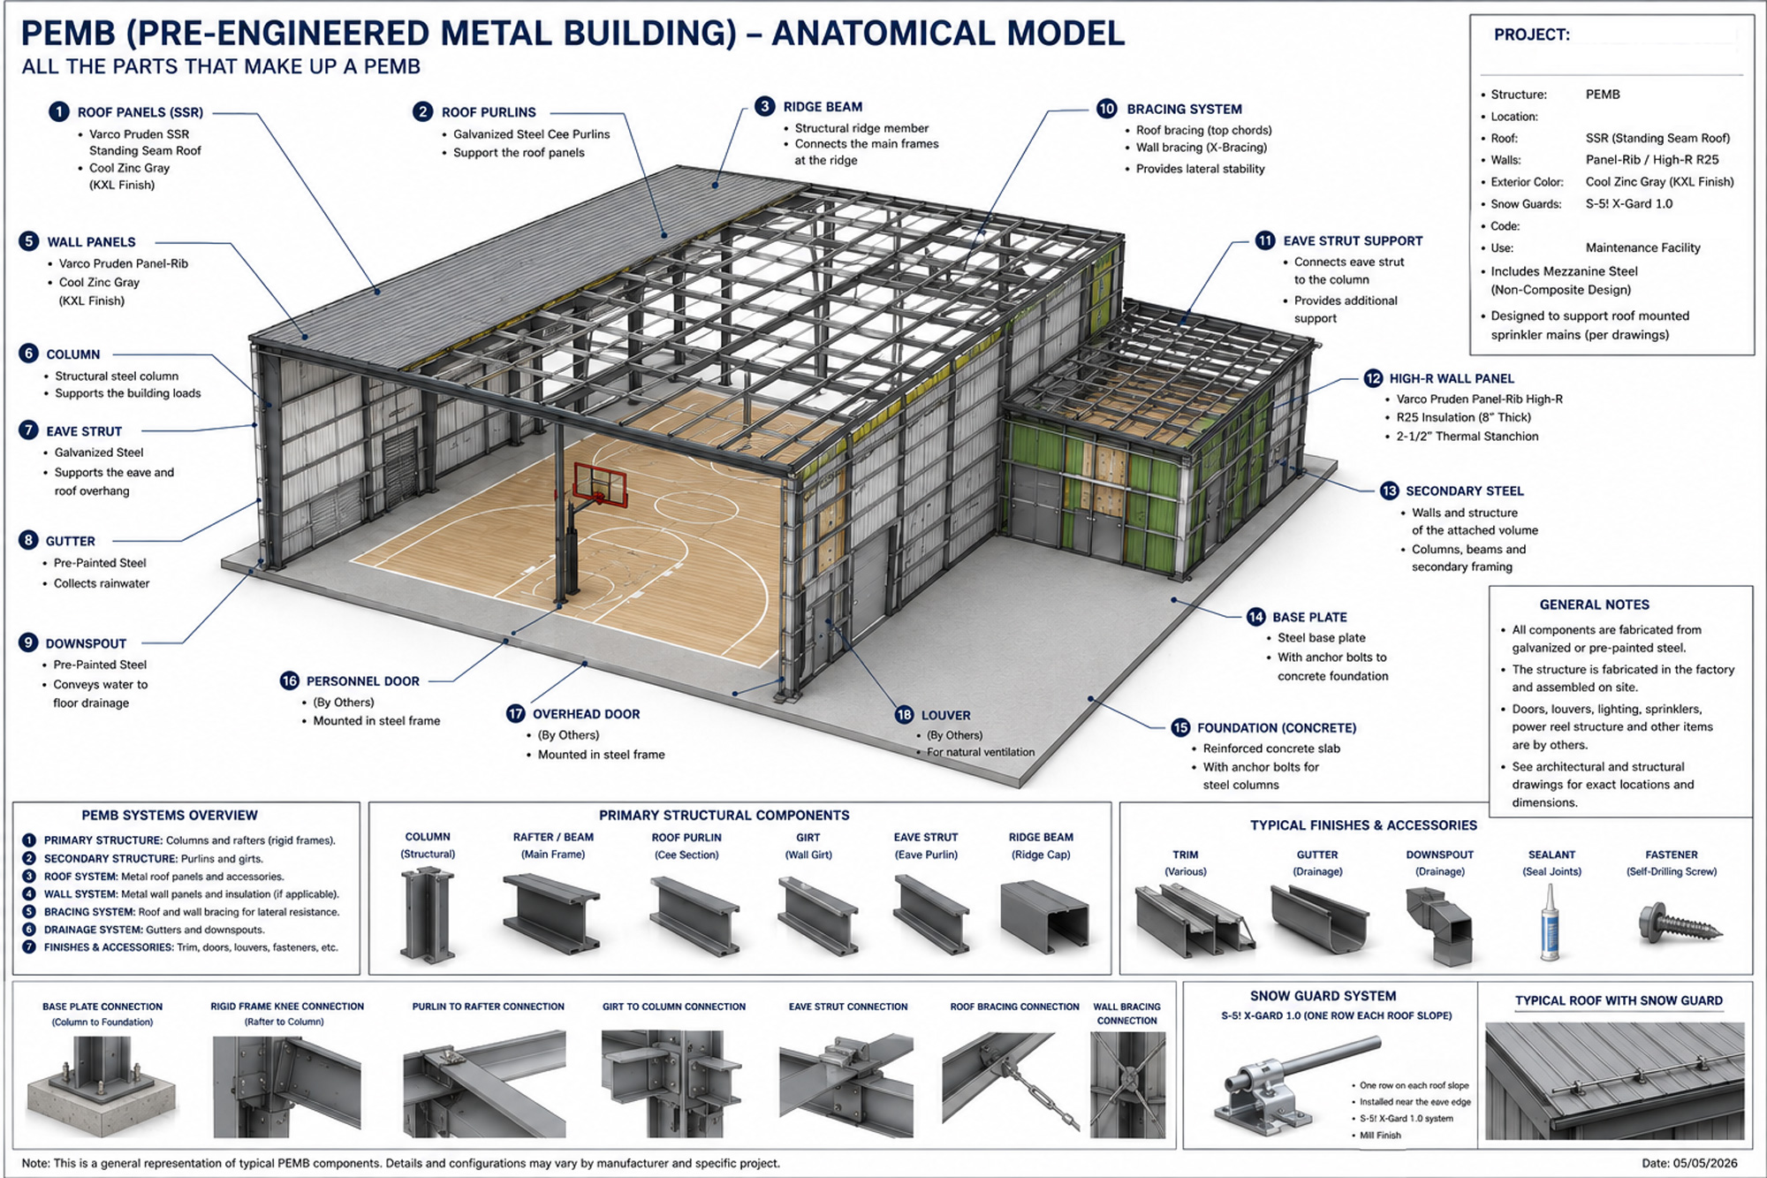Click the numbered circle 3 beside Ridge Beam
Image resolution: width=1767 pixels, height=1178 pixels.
(765, 106)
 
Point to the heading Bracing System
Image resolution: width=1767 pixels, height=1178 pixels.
(1184, 109)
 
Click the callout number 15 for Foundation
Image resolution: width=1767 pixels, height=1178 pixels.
(1180, 727)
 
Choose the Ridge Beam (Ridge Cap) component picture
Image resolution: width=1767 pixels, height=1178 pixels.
(1043, 917)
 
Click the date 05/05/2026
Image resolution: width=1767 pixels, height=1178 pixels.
(1702, 1163)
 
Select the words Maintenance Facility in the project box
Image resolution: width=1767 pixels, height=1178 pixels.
(1642, 247)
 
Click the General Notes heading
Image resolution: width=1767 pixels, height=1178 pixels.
(1594, 604)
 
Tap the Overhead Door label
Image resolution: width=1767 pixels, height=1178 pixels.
(586, 714)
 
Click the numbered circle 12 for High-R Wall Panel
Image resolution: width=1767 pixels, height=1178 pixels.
(1373, 378)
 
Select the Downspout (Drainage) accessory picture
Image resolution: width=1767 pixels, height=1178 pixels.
(1438, 925)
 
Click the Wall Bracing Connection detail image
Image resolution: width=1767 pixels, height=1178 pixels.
(1127, 1085)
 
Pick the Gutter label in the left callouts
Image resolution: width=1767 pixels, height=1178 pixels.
(71, 541)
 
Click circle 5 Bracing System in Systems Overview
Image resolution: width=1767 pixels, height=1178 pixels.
(29, 911)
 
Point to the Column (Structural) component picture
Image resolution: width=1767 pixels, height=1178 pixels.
(428, 916)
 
